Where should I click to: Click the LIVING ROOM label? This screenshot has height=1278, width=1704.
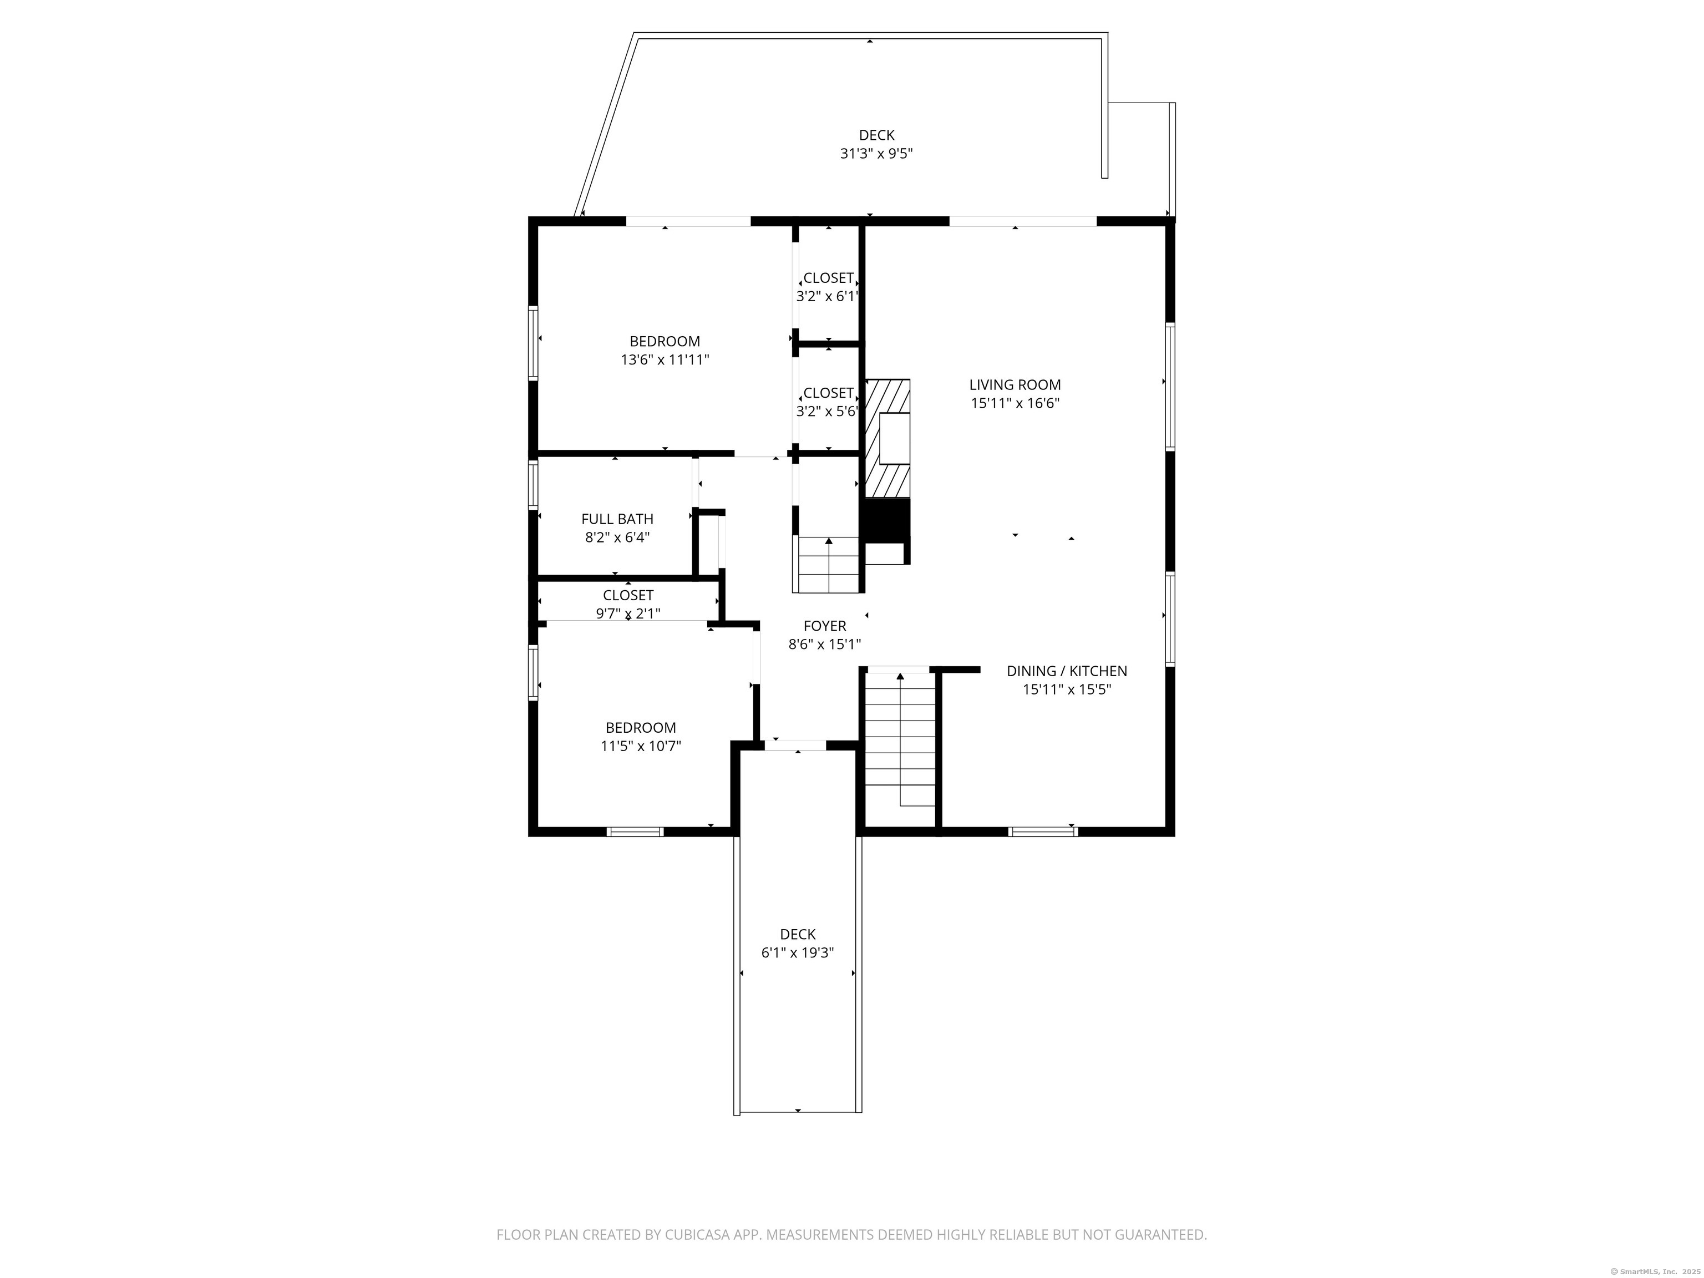(1015, 385)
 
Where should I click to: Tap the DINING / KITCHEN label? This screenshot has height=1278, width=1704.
(1067, 672)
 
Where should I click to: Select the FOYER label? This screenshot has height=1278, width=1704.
(824, 626)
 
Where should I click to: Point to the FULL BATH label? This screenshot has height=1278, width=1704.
(617, 519)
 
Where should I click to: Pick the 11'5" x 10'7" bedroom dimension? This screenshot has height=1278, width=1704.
(641, 745)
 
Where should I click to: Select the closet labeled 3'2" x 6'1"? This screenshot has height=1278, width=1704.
(828, 287)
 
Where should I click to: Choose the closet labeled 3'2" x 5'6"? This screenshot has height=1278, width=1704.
(828, 402)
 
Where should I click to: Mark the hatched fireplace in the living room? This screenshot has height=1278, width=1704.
(887, 438)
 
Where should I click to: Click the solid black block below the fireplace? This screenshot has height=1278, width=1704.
(886, 521)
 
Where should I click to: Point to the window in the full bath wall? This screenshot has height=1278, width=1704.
(532, 485)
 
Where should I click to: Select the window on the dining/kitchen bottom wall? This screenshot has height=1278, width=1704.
(1043, 831)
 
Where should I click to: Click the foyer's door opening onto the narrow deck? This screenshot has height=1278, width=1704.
(795, 745)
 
